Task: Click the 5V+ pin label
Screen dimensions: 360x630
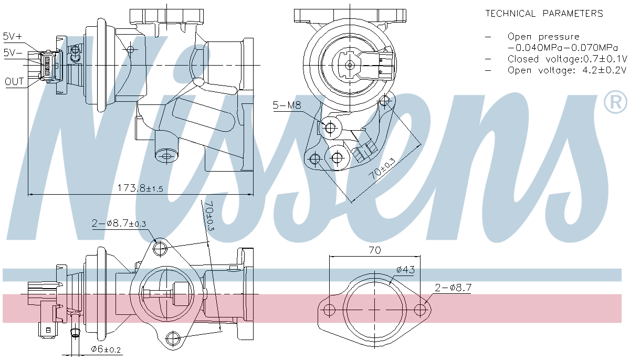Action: (x=13, y=36)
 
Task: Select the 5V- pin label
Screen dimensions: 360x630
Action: (x=13, y=52)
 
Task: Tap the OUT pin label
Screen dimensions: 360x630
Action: (x=14, y=81)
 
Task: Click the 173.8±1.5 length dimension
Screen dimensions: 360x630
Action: (x=140, y=188)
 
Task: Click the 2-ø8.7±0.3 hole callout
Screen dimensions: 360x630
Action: (x=119, y=224)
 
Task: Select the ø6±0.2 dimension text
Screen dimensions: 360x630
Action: (x=106, y=349)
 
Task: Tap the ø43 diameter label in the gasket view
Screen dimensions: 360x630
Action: (x=406, y=270)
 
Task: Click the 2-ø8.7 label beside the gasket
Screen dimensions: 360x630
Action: (x=453, y=287)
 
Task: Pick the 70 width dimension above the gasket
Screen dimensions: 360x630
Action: (x=374, y=250)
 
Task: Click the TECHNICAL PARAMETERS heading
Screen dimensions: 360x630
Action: (x=544, y=14)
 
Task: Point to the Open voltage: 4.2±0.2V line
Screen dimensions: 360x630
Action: (x=560, y=70)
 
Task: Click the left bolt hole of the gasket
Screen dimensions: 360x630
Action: (x=329, y=310)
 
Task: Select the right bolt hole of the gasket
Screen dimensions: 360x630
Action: (x=420, y=310)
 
